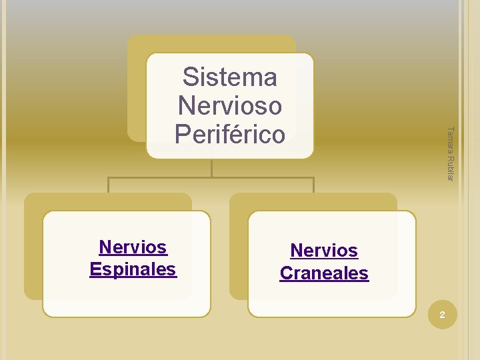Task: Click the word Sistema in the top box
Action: coord(229,77)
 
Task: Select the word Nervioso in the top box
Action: coord(229,105)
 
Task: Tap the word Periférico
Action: coord(229,134)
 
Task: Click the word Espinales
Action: coord(133,269)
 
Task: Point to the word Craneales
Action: coord(324,273)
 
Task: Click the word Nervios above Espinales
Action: coord(133,247)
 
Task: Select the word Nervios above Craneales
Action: coord(324,251)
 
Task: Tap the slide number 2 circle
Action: coord(441,315)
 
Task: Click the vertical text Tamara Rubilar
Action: coord(450,153)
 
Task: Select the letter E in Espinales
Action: coord(95,269)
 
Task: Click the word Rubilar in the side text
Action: coord(450,167)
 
